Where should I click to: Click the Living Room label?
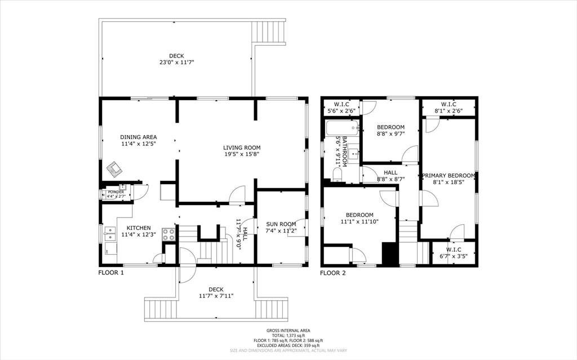coord(242,148)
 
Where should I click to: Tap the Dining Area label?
coord(138,137)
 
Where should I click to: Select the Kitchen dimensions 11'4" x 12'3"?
coord(138,235)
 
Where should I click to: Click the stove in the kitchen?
coord(168,234)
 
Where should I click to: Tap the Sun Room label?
coord(281,224)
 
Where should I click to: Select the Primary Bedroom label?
coord(449,175)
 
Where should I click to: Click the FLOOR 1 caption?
coord(111,273)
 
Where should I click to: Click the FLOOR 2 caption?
coord(332,273)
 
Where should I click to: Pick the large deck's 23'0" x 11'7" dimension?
coord(176,63)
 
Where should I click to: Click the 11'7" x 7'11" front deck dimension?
coord(216,296)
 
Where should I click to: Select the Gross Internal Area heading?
coord(288,331)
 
